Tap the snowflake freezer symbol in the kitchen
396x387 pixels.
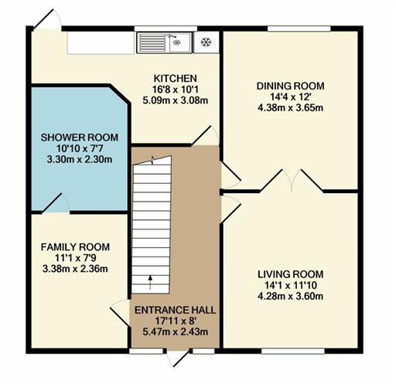pos(207,42)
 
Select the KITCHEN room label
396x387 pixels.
pos(175,78)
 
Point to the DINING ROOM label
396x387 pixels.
pos(290,86)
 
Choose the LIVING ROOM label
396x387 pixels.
pos(290,274)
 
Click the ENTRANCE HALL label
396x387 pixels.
pos(176,311)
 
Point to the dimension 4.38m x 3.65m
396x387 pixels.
pos(290,108)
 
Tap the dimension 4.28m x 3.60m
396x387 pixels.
pos(290,297)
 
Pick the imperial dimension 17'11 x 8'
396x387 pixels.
pos(176,322)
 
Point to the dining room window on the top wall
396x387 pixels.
pos(299,29)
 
